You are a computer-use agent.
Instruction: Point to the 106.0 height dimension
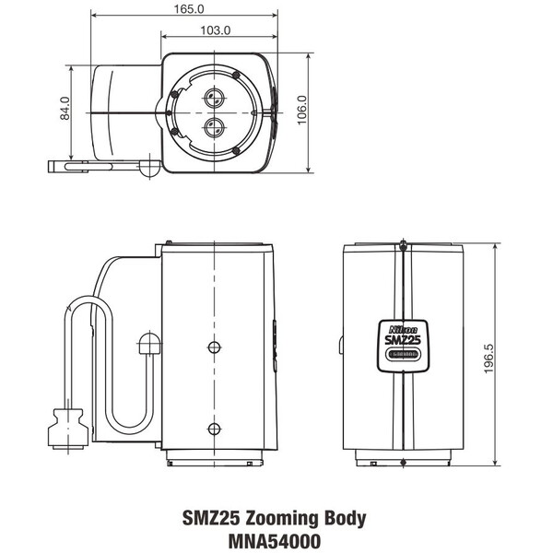302,112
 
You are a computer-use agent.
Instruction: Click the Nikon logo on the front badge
404,328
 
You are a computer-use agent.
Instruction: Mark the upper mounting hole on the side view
214,347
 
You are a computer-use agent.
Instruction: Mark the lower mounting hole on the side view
214,428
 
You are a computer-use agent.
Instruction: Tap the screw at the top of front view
403,245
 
